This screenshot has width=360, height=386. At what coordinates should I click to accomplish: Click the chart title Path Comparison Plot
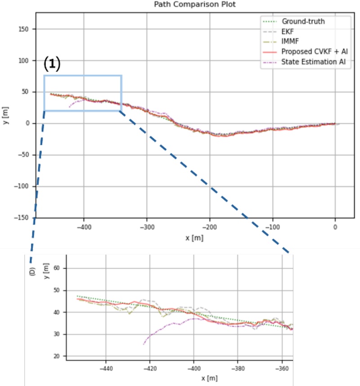click(x=194, y=5)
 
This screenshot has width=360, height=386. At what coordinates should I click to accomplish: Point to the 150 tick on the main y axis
click(x=27, y=29)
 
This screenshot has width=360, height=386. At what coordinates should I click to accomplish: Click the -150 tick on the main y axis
click(x=25, y=218)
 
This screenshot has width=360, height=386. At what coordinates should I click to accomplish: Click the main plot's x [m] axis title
click(x=194, y=238)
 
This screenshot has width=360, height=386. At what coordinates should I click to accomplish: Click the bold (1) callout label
click(x=52, y=64)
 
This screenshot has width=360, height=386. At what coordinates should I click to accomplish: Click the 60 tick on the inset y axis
click(x=57, y=268)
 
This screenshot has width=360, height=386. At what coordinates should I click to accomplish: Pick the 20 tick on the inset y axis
click(x=57, y=356)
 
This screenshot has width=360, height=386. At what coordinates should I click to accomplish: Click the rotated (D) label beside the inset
click(x=32, y=271)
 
